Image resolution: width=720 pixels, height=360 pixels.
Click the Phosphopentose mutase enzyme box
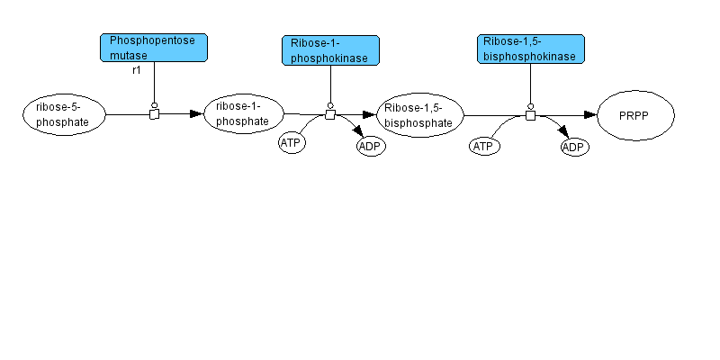tap(154, 47)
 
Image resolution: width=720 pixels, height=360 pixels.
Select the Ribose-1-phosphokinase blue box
tap(330, 50)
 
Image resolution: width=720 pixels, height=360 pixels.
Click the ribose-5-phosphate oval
tap(64, 114)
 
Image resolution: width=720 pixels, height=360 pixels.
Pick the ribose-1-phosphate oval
tap(244, 113)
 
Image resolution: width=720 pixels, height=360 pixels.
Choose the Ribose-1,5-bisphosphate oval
tap(419, 114)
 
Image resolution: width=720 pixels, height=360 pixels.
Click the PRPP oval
tap(634, 115)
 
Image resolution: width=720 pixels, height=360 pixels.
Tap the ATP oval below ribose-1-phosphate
tap(291, 143)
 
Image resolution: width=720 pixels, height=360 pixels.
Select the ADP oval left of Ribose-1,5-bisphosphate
tap(371, 146)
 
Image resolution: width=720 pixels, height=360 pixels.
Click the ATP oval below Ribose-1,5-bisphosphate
tap(484, 146)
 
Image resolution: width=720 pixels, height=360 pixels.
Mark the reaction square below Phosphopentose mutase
tap(154, 114)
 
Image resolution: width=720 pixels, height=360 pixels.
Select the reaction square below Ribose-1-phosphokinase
tap(330, 114)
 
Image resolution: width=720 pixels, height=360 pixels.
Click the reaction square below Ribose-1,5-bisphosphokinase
tap(530, 114)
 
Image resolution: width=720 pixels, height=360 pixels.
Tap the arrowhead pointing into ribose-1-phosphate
tap(197, 114)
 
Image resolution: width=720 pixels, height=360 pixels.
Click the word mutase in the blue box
tap(127, 54)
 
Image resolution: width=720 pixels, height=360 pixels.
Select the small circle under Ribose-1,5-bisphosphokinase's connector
tap(530, 104)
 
